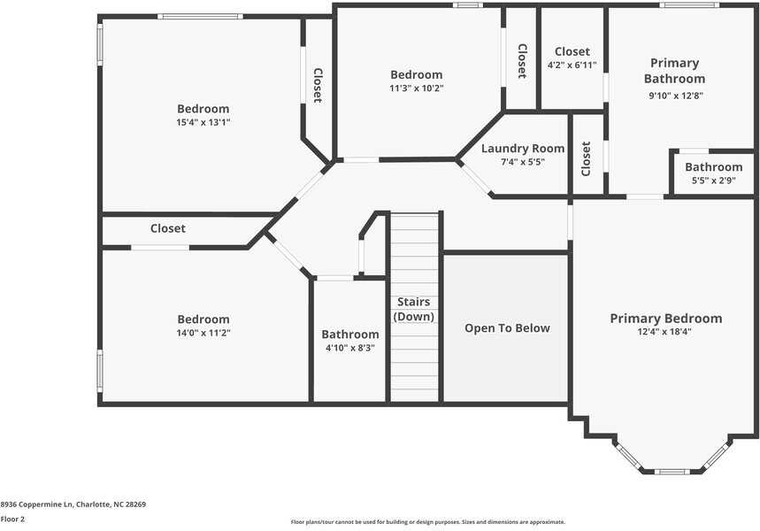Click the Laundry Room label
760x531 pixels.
522,149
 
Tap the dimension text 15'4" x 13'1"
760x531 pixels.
203,123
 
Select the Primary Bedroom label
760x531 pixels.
665,319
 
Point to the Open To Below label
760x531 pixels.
507,328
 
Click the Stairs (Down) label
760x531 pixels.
413,309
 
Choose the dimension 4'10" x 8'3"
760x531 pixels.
349,349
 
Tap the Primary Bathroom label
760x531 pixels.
674,71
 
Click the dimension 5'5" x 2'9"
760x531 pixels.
713,181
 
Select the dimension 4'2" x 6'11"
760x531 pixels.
572,65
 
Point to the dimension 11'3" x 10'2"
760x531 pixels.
416,88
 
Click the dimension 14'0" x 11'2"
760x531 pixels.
203,334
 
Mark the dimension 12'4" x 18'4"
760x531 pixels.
665,333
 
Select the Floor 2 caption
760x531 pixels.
12,519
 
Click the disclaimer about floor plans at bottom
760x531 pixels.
428,522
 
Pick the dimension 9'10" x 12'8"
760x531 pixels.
674,96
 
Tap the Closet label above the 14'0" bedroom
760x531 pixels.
168,228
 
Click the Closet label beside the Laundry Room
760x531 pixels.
586,158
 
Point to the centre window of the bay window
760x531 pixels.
672,471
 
